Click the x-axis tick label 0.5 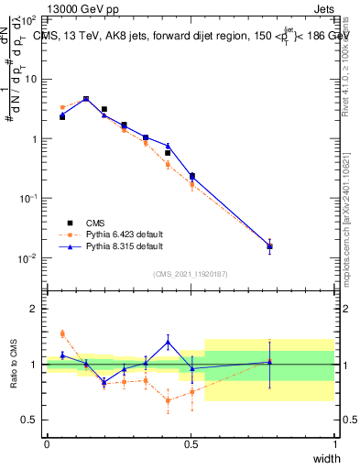click(x=191, y=444)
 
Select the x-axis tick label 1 click(x=334, y=444)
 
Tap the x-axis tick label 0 click(x=47, y=444)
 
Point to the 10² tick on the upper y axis click(x=28, y=19)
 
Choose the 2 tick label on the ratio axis click(x=33, y=309)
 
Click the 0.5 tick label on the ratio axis click(x=29, y=420)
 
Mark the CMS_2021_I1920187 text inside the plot click(x=191, y=273)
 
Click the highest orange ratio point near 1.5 click(x=62, y=333)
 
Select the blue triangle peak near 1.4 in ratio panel click(x=168, y=342)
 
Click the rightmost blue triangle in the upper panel click(x=269, y=245)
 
